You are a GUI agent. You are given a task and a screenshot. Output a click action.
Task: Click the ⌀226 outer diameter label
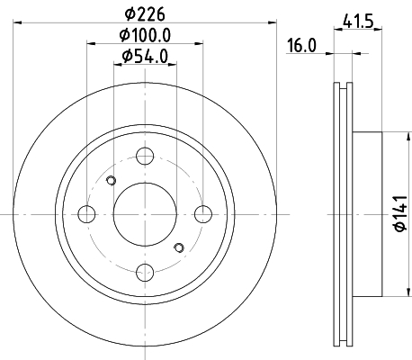pyautogui.click(x=145, y=14)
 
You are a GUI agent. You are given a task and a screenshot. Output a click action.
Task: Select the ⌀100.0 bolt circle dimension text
pyautogui.click(x=145, y=35)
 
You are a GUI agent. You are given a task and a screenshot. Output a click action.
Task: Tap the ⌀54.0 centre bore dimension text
pyautogui.click(x=145, y=56)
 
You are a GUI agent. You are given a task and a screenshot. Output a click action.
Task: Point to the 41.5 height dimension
pyautogui.click(x=358, y=22)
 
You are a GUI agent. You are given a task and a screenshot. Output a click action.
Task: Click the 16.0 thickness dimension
pyautogui.click(x=301, y=46)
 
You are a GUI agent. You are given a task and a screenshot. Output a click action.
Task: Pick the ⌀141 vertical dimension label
pyautogui.click(x=401, y=213)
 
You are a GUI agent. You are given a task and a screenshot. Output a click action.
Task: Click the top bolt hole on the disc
pyautogui.click(x=145, y=156)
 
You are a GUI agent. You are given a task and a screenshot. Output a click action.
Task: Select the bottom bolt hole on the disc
pyautogui.click(x=145, y=273)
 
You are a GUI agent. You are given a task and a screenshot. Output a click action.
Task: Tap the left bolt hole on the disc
pyautogui.click(x=86, y=214)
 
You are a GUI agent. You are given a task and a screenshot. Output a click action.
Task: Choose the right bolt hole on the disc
pyautogui.click(x=203, y=214)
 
